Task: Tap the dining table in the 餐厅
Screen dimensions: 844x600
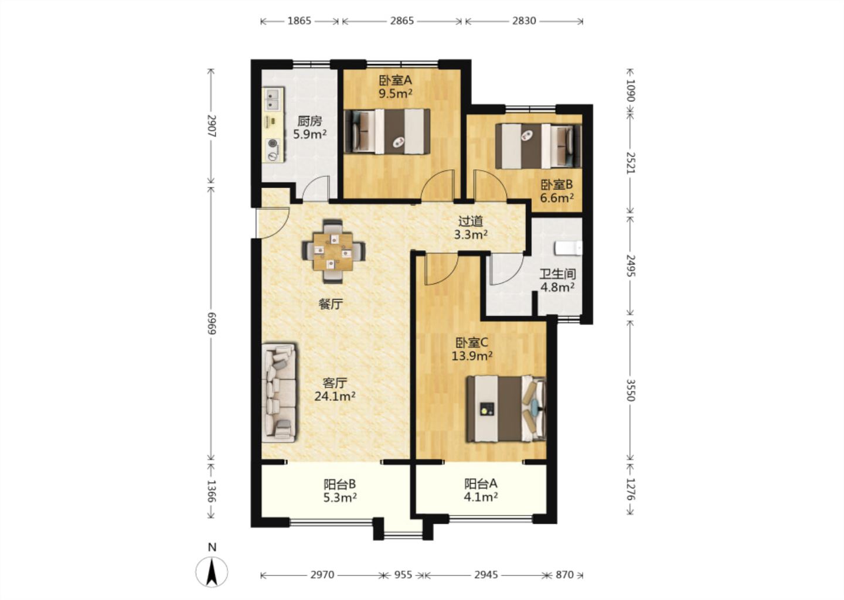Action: pos(333,251)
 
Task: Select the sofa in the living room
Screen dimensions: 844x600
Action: pos(279,393)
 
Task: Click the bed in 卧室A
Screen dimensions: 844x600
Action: pos(387,131)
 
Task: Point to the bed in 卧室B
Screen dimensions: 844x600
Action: pos(538,146)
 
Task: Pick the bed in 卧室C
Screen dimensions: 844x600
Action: pos(506,408)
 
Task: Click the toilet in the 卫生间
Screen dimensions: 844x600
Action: pos(568,248)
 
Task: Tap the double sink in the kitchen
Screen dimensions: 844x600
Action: pos(273,99)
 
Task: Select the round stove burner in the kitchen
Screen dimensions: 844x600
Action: pos(273,144)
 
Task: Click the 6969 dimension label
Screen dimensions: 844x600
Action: pos(211,323)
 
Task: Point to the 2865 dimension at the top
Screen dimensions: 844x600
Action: pos(402,21)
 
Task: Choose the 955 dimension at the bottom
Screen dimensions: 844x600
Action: pos(403,575)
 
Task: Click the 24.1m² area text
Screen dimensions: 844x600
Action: pos(335,396)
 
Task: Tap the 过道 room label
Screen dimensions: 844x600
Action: pos(471,221)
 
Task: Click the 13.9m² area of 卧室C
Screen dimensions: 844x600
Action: pos(472,356)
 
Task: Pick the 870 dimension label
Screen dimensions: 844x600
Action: pos(564,575)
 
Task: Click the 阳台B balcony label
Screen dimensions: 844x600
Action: pos(340,484)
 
